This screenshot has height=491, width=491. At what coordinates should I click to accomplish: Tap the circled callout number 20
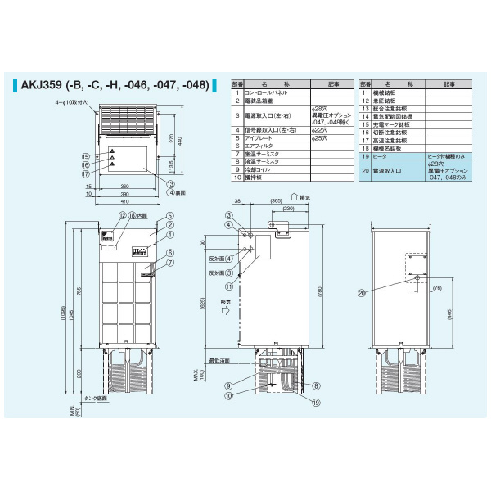pos(361,293)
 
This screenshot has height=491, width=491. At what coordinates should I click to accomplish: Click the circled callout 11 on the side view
pos(231,287)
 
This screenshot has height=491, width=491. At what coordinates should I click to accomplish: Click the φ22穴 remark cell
pos(321,130)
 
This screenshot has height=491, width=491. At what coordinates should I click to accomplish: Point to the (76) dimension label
pos(438,287)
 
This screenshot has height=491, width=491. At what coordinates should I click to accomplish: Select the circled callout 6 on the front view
pos(170,252)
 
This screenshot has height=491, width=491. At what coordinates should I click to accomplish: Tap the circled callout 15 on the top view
pos(85,155)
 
